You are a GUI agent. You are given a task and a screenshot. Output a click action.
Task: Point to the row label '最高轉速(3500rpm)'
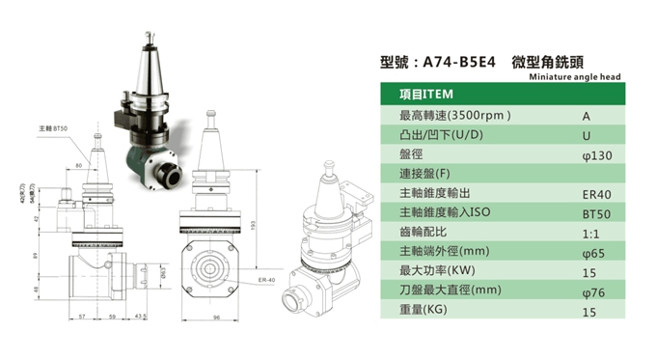[x=454, y=115]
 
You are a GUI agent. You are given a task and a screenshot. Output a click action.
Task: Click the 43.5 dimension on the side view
[x=141, y=316]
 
